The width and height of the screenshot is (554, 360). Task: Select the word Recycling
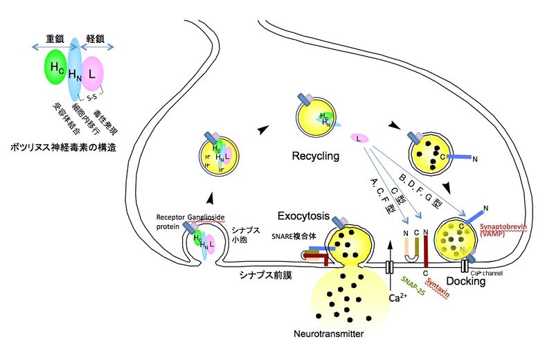click(x=315, y=156)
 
